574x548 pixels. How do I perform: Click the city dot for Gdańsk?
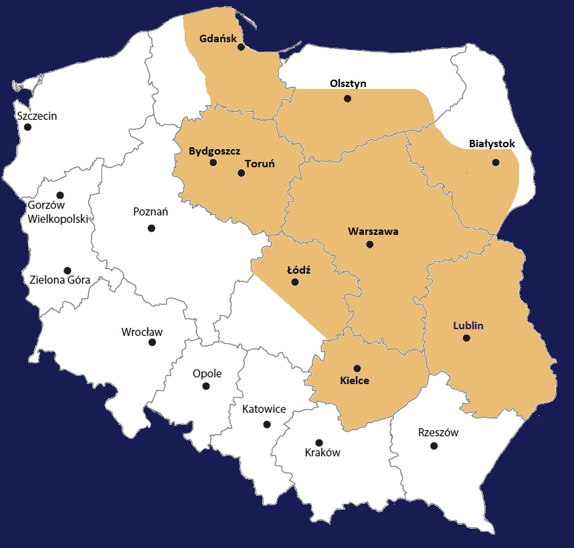coord(241,48)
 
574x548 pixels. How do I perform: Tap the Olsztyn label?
coord(349,84)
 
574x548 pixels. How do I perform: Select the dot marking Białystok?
coord(496,163)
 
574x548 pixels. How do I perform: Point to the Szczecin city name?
coord(37,116)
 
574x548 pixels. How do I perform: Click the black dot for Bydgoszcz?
coord(213,163)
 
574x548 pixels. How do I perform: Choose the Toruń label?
coord(260,163)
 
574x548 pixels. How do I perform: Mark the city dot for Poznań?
coord(151,228)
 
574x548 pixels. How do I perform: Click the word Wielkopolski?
coord(59,219)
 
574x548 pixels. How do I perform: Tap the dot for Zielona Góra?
coord(67,270)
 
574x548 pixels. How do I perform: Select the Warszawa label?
coord(373,232)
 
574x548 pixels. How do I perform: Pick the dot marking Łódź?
coord(295,282)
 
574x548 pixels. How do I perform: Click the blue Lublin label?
coord(468,326)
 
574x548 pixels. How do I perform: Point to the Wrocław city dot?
coord(153,343)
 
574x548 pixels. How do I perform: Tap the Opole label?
coord(207,374)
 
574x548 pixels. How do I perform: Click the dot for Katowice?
coord(267,424)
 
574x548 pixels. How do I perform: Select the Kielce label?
coord(355,381)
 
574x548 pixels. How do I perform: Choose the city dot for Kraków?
coord(319,442)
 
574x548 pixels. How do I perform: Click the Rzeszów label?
coord(438,432)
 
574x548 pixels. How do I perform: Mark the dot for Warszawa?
coord(370,245)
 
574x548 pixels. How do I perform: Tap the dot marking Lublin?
coord(466,339)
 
